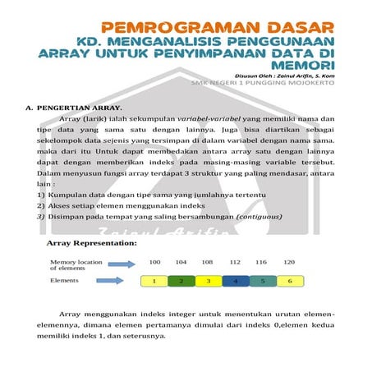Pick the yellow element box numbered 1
pos(154,281)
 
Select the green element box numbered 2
pos(181,281)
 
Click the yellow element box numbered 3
pos(208,281)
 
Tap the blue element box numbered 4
pos(235,281)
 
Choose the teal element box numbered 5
pos(262,281)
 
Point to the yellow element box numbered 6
pos(289,281)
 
